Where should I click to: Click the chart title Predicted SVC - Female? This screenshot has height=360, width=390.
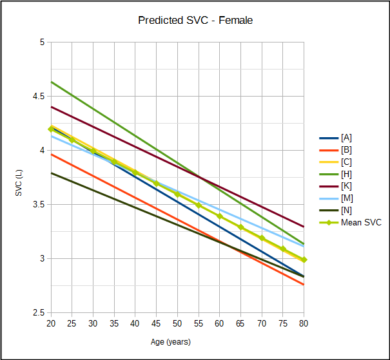pos(195,21)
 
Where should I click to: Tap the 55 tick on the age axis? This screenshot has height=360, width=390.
pos(199,323)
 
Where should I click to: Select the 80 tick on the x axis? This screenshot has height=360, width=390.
pos(304,323)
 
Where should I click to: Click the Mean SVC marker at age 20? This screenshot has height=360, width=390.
pos(51,129)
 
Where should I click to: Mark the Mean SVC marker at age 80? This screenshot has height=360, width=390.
pos(304,260)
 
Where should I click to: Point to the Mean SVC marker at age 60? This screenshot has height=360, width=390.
pos(220,216)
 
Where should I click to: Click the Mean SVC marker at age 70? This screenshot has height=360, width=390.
pos(262,238)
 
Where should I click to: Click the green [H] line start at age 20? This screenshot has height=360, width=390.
pos(51,82)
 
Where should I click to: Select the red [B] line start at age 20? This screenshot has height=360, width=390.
pos(51,154)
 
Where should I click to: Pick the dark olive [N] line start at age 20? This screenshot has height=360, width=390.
pos(51,173)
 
